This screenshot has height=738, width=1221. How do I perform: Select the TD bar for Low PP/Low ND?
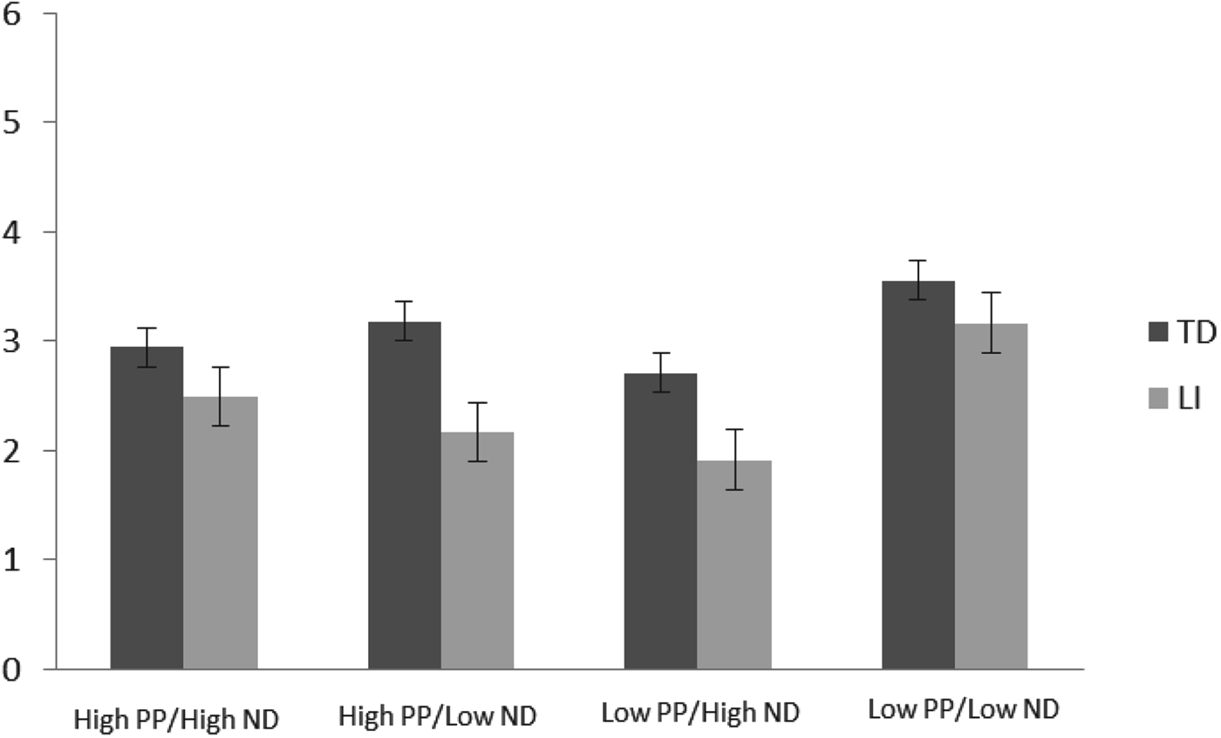(x=917, y=475)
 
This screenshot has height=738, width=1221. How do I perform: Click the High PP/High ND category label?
(x=177, y=720)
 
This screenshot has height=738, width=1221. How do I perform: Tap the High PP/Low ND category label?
(x=437, y=716)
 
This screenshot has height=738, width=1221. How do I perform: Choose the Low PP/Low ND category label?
(x=963, y=709)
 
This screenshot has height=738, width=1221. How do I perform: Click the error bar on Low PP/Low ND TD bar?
(x=917, y=280)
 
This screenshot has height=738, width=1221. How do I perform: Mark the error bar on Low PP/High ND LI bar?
(x=734, y=460)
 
